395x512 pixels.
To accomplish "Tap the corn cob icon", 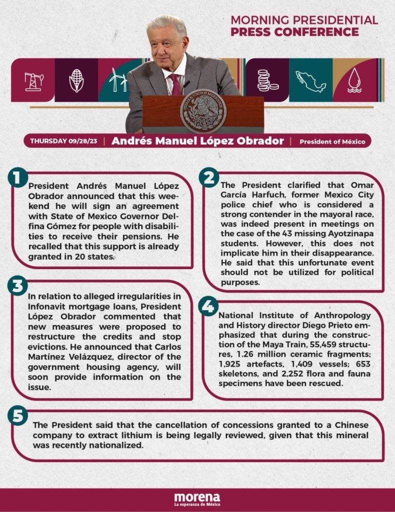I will click(76, 80).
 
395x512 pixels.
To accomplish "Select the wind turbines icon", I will click(118, 80).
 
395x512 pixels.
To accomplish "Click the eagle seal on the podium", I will click(203, 110).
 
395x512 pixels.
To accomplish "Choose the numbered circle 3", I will click(18, 286).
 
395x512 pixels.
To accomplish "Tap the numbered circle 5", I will click(18, 417).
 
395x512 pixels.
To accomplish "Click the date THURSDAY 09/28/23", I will click(63, 141).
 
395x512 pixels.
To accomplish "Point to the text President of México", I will click(332, 141).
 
